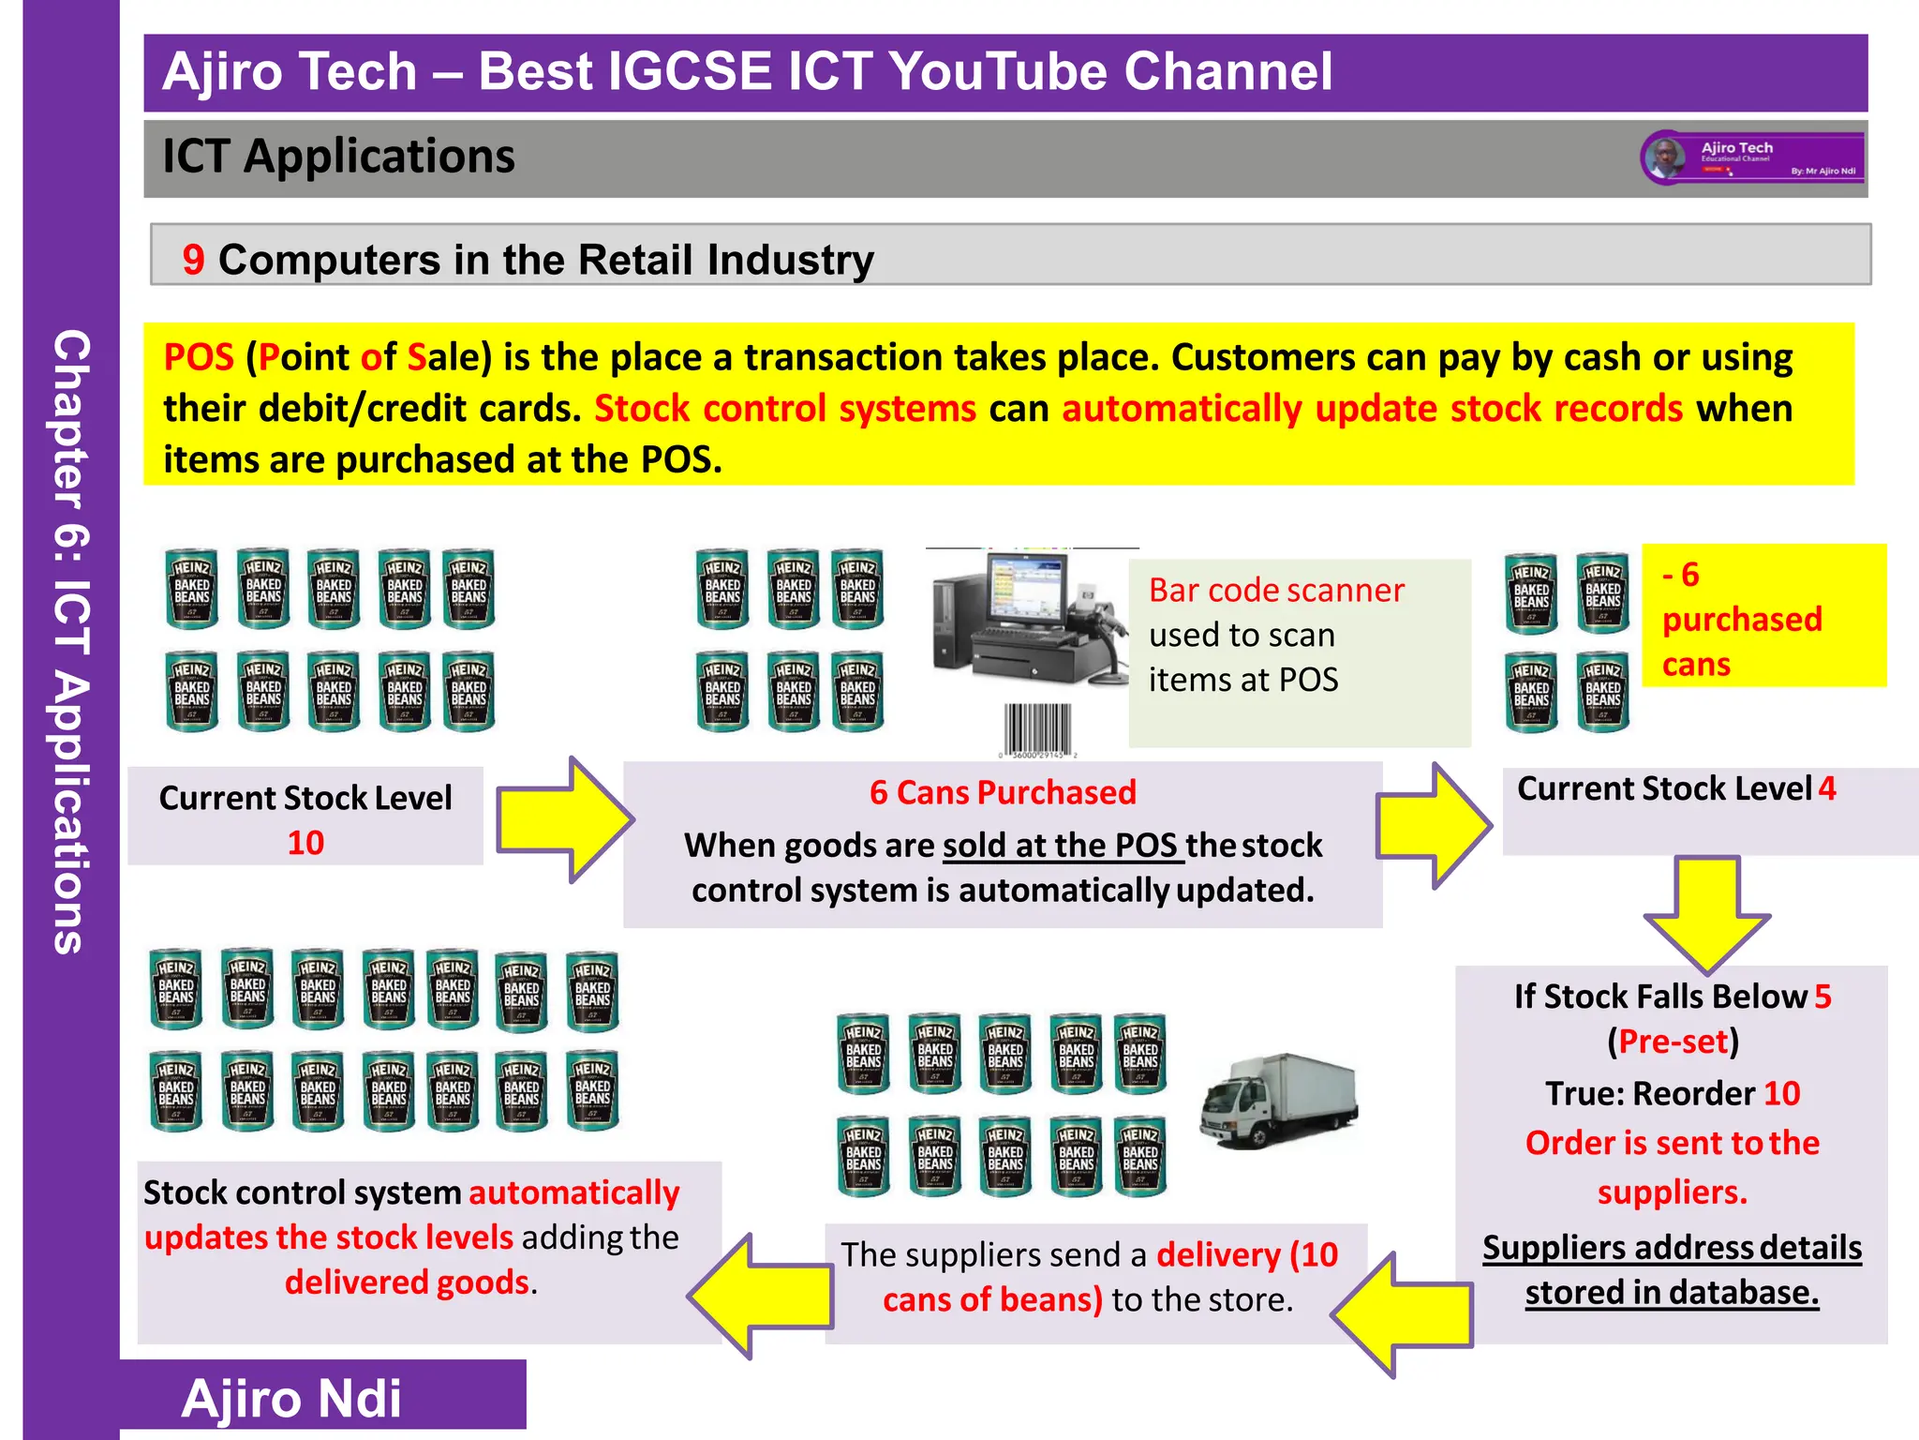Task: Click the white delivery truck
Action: point(1279,1102)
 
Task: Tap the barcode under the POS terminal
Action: point(1037,728)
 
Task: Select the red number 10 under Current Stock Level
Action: point(305,843)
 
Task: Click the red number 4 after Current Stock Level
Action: point(1826,788)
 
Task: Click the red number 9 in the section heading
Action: point(193,260)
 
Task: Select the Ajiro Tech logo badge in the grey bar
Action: point(1752,157)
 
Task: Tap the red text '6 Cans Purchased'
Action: point(1002,793)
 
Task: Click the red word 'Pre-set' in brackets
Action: point(1673,1042)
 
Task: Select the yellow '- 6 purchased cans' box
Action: point(1763,616)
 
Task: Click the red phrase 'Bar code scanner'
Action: point(1276,591)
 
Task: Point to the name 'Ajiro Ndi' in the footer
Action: point(291,1399)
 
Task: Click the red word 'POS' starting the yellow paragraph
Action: point(199,358)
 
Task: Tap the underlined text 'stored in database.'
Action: point(1672,1293)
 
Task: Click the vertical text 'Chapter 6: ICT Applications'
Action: point(71,641)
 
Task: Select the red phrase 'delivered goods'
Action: point(407,1282)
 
